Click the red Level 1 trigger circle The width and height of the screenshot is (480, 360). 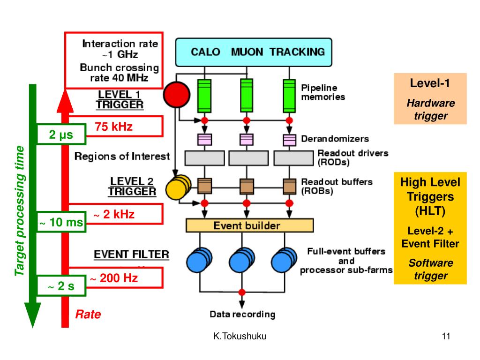177,94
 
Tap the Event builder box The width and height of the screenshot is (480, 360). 249,225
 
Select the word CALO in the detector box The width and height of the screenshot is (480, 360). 205,52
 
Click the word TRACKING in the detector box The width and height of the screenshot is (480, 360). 297,52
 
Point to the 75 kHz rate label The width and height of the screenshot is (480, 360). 113,127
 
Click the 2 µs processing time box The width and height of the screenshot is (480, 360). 61,134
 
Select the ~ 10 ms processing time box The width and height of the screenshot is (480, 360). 61,222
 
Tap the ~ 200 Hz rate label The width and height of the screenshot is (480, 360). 114,278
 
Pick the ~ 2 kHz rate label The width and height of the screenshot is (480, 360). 114,214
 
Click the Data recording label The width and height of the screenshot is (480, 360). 242,314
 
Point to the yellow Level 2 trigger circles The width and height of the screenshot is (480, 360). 179,187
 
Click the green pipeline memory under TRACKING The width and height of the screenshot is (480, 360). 289,96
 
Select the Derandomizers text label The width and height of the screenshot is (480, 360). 335,139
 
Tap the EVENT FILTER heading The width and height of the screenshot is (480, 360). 131,255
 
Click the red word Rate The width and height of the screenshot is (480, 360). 88,314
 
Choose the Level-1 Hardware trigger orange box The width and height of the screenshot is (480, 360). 430,98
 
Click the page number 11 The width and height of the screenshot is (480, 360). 446,336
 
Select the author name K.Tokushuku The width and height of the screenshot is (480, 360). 240,336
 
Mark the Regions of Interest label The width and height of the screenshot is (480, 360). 122,156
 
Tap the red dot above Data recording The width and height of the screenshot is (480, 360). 242,292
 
